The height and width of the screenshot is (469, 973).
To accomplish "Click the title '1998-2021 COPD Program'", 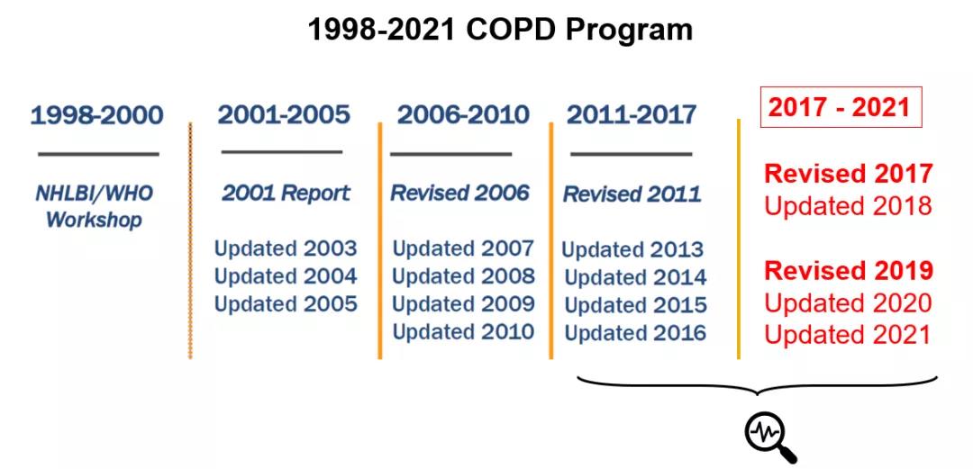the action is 500,30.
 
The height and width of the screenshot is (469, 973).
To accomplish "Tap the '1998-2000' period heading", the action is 96,115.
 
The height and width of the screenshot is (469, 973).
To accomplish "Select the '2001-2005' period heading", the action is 284,114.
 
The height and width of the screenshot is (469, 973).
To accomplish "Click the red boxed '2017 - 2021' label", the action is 841,107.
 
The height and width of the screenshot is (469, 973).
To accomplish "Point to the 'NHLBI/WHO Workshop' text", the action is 95,206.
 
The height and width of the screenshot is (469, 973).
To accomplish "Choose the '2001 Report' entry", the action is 286,193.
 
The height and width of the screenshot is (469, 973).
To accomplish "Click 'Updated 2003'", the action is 286,248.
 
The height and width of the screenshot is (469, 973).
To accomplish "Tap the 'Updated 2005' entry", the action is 286,304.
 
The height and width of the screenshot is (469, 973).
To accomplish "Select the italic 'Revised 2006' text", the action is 459,193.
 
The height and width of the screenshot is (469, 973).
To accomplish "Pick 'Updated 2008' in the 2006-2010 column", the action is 463,275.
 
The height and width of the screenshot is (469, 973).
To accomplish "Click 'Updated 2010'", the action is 463,331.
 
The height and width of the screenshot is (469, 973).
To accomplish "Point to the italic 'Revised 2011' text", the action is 632,194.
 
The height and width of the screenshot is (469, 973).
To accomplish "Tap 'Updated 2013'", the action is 632,249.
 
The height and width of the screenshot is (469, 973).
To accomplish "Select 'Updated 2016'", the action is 635,333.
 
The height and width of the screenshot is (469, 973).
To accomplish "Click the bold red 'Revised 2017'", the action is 849,174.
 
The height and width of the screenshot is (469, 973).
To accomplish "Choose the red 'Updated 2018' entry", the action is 848,206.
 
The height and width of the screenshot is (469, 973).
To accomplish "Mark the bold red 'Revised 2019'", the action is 849,270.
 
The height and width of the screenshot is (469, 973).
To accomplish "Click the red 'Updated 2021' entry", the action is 848,334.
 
